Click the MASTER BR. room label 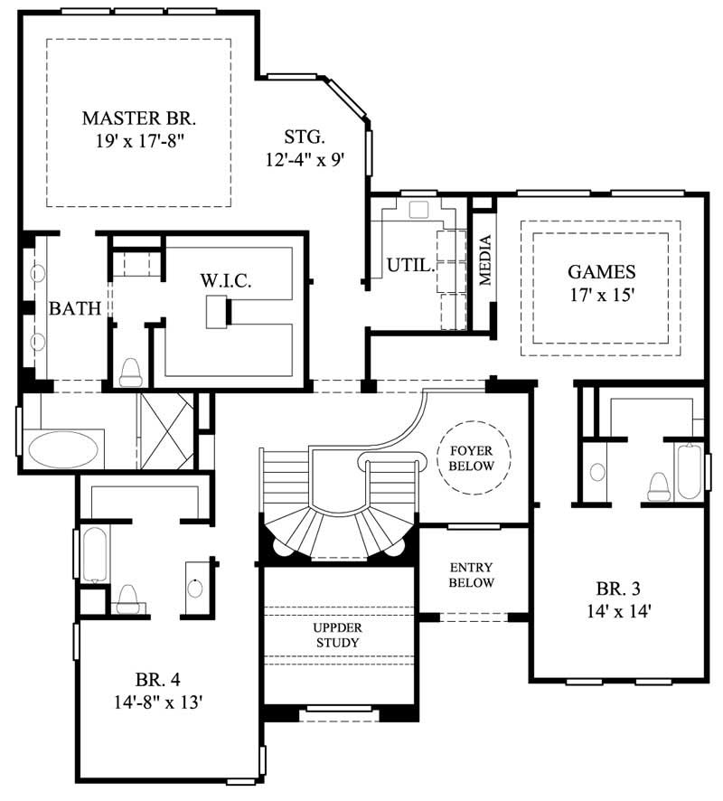(138, 118)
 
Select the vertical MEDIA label (485, 260)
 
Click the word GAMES (601, 271)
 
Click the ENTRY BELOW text (472, 575)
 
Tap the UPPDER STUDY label (337, 635)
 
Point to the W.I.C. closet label (225, 281)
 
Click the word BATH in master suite (74, 309)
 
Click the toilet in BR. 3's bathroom (657, 485)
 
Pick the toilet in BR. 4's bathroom (127, 597)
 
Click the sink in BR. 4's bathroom (196, 585)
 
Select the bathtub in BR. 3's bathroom (689, 469)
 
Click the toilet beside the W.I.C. (131, 370)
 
